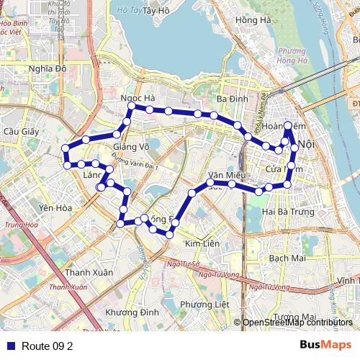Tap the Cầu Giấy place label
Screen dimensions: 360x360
[x=20, y=132]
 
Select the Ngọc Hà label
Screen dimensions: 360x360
[x=138, y=98]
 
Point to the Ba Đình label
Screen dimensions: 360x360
[x=232, y=99]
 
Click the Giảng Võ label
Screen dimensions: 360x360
[x=131, y=147]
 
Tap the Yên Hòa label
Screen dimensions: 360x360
[x=55, y=208]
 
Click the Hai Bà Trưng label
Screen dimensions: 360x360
[x=288, y=212]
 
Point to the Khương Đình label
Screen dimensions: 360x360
[x=132, y=312]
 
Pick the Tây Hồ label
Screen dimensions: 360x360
[x=156, y=11]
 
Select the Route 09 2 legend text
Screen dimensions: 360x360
[x=48, y=346]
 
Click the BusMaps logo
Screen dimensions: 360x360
[x=325, y=345]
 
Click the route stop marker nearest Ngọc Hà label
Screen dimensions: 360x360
[x=131, y=107]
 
